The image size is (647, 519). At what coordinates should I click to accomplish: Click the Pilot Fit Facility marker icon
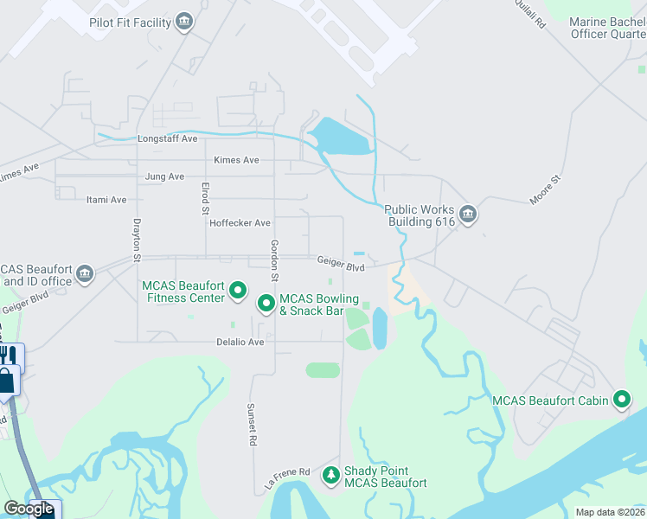184,22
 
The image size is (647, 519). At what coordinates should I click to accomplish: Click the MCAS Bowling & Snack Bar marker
266,304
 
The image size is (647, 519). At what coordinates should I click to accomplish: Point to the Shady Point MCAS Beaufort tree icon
330,476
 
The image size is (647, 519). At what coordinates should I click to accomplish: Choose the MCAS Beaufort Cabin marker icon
621,400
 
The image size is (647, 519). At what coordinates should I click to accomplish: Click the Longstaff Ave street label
168,138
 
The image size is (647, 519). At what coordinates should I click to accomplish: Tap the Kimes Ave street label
237,160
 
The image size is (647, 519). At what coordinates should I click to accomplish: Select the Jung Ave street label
164,176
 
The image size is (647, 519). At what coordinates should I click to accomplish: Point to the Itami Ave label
106,200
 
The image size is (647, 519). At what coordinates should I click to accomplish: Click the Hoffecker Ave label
240,223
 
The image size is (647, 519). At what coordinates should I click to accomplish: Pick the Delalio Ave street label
240,342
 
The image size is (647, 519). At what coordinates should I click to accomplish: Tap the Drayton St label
137,240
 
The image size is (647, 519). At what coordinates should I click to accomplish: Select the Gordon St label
273,260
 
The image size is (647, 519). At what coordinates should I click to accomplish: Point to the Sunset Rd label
253,424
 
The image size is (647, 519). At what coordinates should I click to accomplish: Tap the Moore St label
546,189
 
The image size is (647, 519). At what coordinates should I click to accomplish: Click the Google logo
29,509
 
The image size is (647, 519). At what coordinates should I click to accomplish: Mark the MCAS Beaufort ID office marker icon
85,274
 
